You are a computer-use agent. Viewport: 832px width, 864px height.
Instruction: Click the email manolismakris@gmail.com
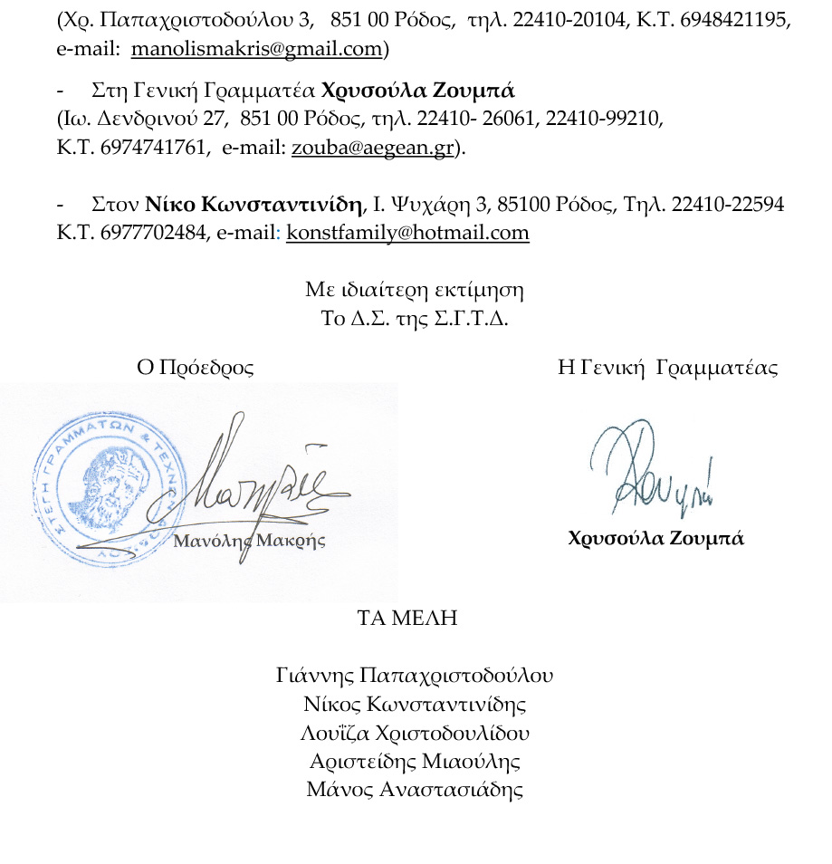pyautogui.click(x=256, y=49)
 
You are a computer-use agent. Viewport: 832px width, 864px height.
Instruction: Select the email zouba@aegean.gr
pyautogui.click(x=371, y=149)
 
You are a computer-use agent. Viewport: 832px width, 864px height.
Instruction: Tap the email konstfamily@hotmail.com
pyautogui.click(x=407, y=232)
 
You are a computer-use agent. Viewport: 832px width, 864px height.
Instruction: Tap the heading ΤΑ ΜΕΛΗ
pyautogui.click(x=407, y=619)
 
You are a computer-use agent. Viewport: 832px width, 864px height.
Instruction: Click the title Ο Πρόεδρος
pyautogui.click(x=195, y=368)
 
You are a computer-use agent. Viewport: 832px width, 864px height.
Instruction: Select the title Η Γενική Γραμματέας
pyautogui.click(x=668, y=368)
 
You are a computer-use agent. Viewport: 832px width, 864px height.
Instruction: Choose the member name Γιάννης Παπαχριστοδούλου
pyautogui.click(x=415, y=676)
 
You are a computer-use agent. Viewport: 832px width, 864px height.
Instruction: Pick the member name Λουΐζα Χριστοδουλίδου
pyautogui.click(x=415, y=733)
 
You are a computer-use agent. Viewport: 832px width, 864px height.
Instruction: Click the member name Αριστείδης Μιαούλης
pyautogui.click(x=415, y=761)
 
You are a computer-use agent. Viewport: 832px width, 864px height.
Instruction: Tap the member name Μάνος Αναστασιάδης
pyautogui.click(x=415, y=789)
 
